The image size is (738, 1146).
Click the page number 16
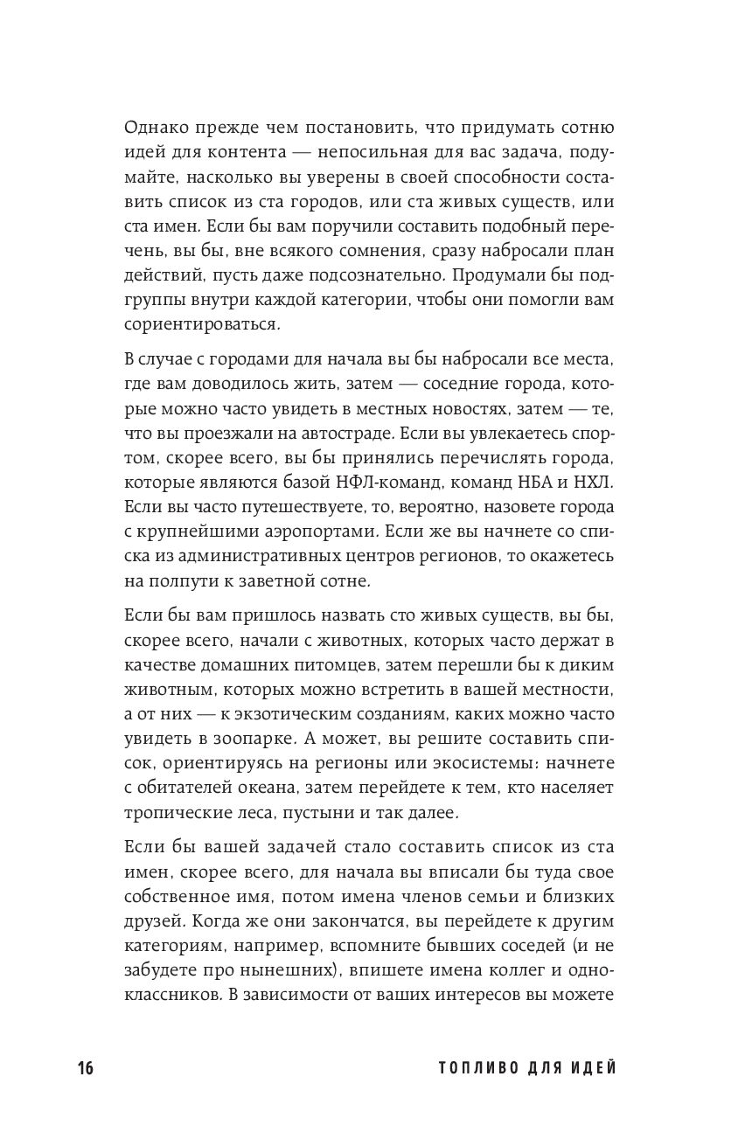(85, 1068)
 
